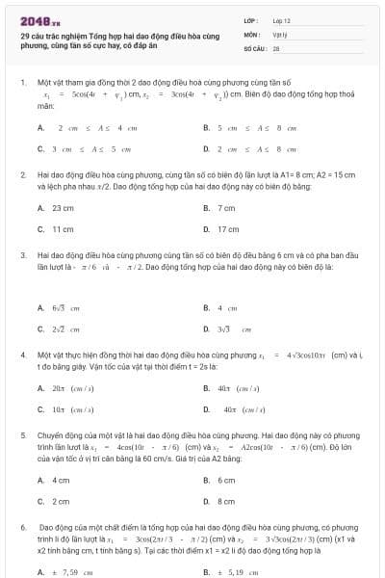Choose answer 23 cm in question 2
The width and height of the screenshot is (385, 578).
[63, 208]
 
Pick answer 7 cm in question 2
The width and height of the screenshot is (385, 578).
[226, 208]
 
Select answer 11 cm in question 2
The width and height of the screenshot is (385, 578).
[63, 229]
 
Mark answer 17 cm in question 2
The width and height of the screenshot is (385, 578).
[228, 229]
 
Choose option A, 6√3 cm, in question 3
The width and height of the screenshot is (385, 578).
[64, 308]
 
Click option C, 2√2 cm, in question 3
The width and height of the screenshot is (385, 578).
[64, 329]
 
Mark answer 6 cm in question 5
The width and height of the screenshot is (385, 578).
[226, 480]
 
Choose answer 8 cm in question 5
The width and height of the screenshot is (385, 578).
[226, 501]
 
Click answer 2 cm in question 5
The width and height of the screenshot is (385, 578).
[61, 501]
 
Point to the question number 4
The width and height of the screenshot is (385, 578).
[22, 355]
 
